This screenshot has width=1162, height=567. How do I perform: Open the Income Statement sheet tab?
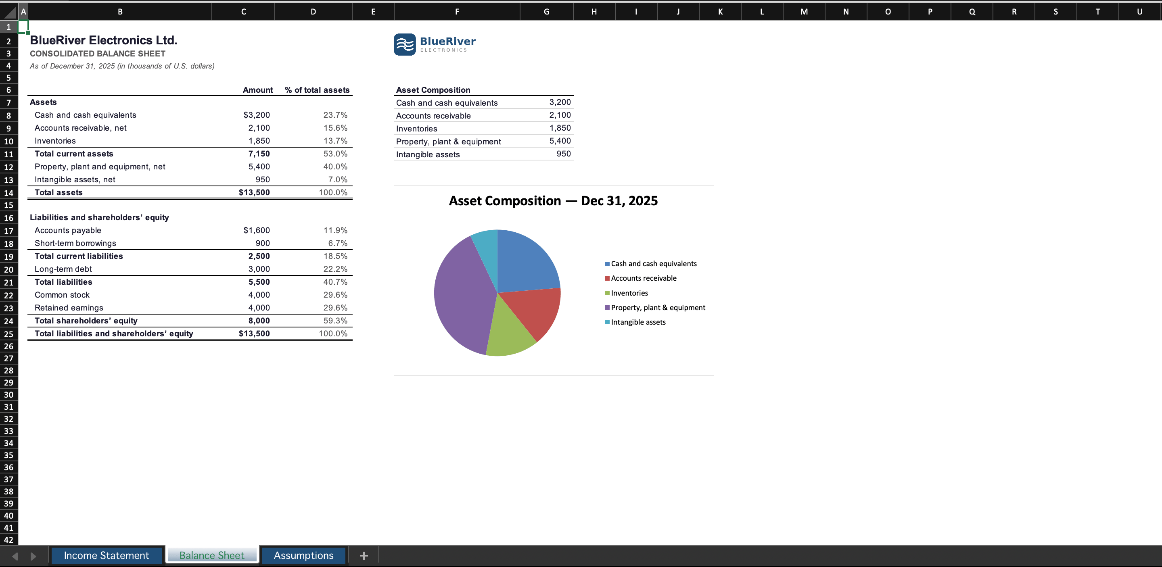107,555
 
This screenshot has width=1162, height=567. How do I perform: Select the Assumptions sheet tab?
303,555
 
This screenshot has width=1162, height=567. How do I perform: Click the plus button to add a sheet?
364,556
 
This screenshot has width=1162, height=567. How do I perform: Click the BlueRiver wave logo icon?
405,45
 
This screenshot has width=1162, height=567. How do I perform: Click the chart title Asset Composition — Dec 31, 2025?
553,200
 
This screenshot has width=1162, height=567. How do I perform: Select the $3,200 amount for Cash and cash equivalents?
257,115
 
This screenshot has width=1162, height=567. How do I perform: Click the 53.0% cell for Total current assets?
335,154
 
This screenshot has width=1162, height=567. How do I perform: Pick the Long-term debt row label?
63,269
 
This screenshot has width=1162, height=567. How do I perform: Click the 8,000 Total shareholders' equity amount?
259,321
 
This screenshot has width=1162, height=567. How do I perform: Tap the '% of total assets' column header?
317,90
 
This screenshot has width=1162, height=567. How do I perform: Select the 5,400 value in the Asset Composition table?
560,141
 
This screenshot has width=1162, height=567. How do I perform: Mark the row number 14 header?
8,193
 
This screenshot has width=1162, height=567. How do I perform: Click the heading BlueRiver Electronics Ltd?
104,40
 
